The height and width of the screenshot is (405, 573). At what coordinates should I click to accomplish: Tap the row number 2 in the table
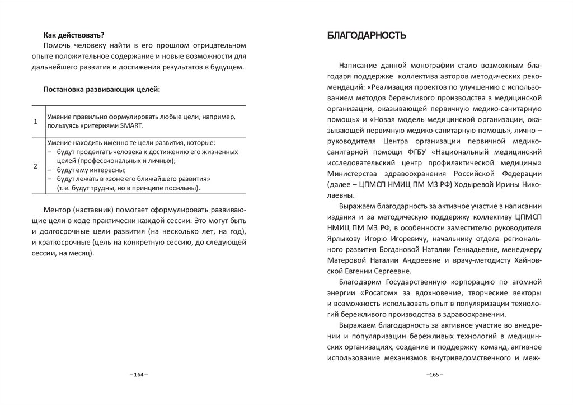(36, 166)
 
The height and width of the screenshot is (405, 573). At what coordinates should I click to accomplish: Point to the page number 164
(138, 374)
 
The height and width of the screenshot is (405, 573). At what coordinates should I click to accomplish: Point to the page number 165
(434, 374)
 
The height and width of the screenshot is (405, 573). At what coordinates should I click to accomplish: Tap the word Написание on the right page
(359, 65)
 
